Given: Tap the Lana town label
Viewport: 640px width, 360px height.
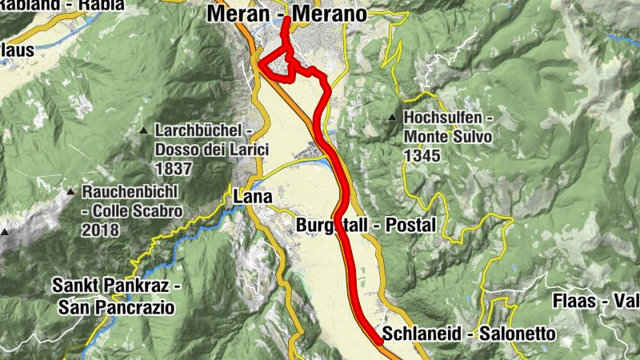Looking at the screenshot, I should coord(253,196).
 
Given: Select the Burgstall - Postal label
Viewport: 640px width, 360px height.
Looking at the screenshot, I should coord(366,226).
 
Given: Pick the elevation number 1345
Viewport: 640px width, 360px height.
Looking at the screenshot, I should coord(422,156).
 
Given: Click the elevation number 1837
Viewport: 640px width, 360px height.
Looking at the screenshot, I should coord(174,168).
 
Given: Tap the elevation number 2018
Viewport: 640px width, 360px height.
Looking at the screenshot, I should coord(99,230).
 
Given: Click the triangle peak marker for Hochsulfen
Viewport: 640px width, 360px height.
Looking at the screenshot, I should coord(393,119).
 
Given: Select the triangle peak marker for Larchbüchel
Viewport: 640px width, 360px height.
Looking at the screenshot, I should coord(143,130).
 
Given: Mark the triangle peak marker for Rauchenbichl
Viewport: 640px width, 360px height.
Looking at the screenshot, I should coord(71,192).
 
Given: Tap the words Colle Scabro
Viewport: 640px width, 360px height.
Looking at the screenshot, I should coord(137,211).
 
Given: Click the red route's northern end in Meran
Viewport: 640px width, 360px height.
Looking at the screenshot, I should coord(286,18).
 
